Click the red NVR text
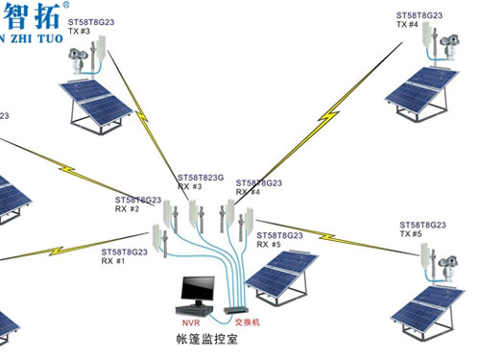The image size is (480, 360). (x=188, y=323)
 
